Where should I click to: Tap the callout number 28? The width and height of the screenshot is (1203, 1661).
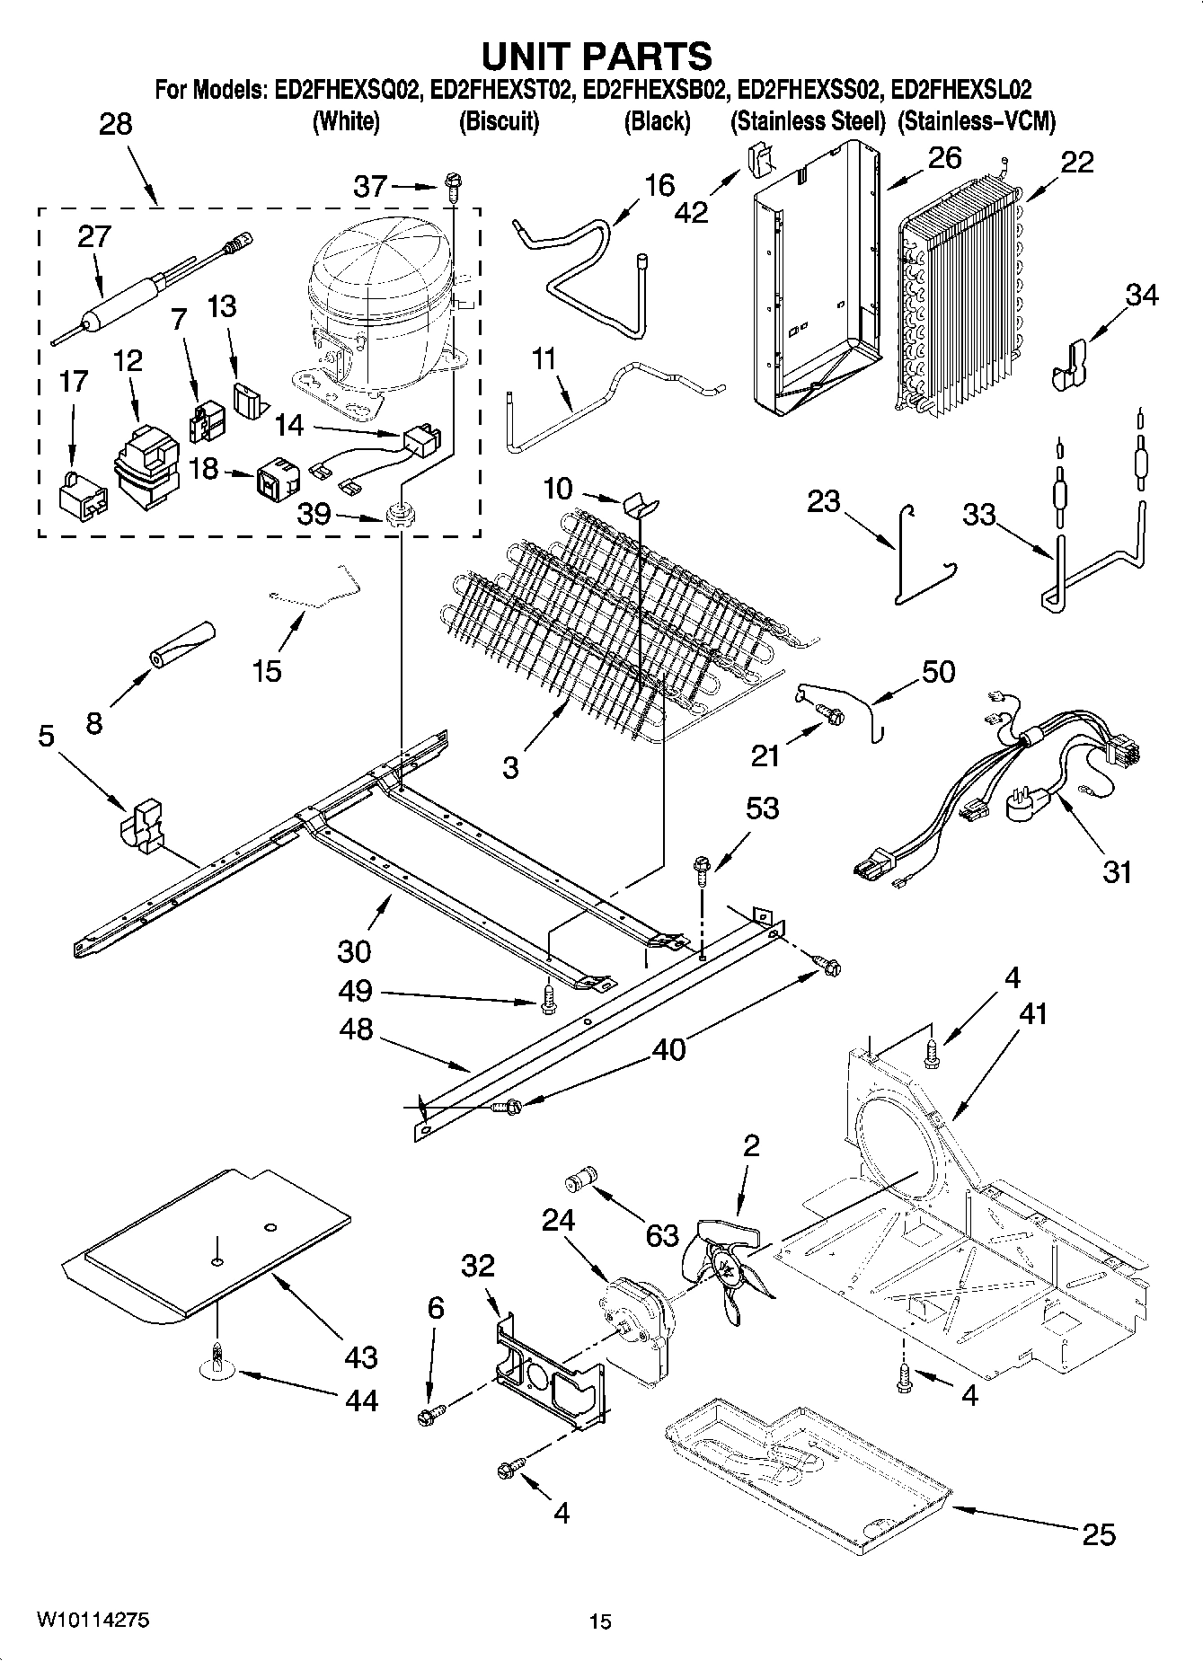[x=115, y=124]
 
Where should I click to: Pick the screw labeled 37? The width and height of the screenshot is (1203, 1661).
[x=451, y=188]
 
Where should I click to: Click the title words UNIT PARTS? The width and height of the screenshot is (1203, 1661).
[x=597, y=56]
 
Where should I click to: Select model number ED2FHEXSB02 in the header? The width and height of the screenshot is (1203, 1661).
[x=653, y=90]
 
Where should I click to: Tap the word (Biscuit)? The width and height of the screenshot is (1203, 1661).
[x=499, y=122]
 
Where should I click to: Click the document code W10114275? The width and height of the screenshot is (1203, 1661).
[x=93, y=1621]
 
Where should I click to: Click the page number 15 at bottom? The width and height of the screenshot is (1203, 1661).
[x=600, y=1621]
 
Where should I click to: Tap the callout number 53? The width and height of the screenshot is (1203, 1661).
[x=762, y=808]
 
